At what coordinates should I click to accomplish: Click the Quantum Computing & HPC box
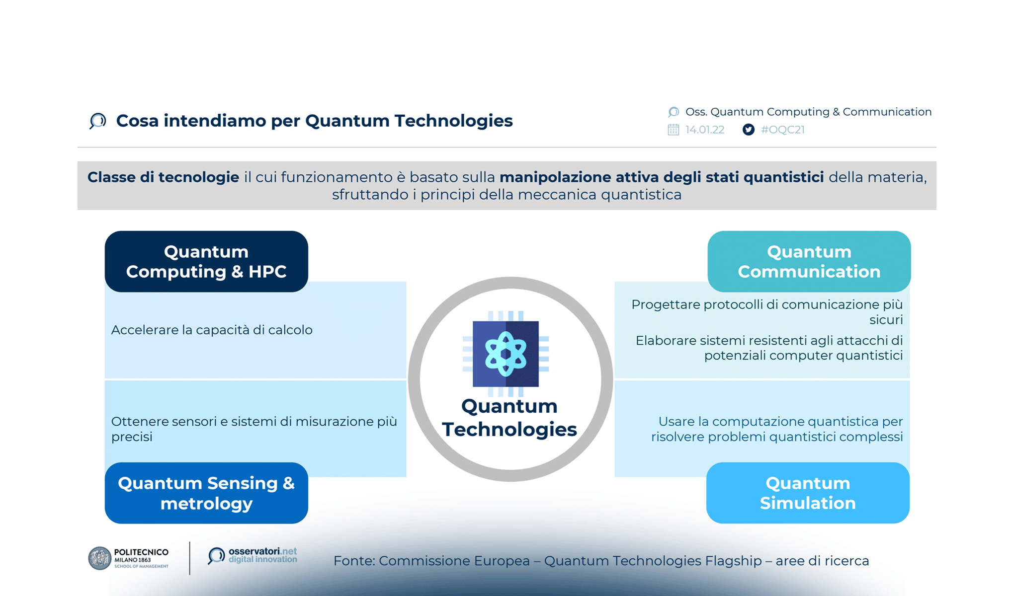[206, 261]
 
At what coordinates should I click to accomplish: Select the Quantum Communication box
[809, 261]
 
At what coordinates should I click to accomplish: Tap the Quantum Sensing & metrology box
[206, 493]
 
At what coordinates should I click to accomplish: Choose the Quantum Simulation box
[808, 493]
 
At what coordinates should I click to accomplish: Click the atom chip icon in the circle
[506, 354]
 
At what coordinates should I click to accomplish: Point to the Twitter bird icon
[748, 130]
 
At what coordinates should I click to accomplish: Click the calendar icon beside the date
[673, 130]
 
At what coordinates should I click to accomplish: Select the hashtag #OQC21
[782, 130]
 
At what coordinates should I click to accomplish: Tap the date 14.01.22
[704, 130]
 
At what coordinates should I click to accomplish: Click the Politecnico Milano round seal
[99, 558]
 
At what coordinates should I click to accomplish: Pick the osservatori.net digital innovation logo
[253, 555]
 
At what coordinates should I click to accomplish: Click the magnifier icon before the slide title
[98, 121]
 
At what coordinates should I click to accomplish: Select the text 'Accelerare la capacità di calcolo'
[212, 330]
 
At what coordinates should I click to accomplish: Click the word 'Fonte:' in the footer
[354, 561]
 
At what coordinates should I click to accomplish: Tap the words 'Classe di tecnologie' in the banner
[163, 177]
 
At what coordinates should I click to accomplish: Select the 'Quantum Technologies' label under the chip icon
[509, 418]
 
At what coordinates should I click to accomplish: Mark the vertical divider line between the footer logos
[189, 558]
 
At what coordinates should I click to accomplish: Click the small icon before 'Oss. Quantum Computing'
[674, 112]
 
